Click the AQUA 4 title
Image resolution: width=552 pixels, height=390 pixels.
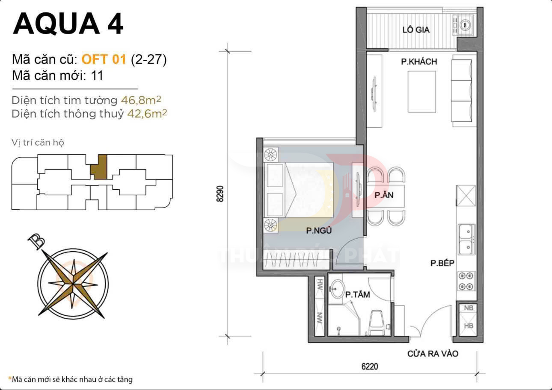coord(68,24)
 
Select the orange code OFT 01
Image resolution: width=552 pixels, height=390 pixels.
coord(104,59)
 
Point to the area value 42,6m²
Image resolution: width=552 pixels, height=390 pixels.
coord(147,114)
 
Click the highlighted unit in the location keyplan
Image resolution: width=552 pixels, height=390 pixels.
coord(99,167)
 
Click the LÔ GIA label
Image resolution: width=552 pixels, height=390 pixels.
coord(415,30)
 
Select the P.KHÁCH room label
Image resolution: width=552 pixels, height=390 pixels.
coord(418,62)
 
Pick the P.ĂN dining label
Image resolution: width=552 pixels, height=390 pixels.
coord(384,195)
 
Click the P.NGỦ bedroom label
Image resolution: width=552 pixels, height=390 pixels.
coord(319,231)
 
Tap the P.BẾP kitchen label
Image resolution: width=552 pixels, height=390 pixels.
coord(442,264)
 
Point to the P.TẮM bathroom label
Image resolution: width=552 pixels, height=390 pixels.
coord(357,294)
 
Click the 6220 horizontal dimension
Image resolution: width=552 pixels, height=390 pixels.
coord(369,367)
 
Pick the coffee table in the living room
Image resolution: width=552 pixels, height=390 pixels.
coord(421,92)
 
